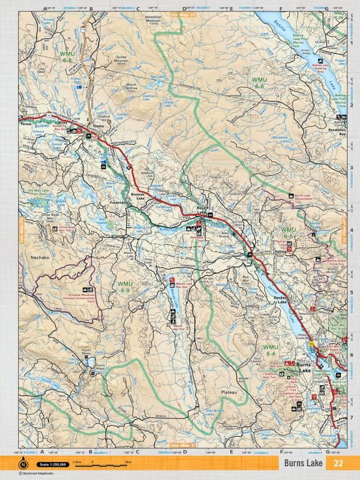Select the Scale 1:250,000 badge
click(49, 463)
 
